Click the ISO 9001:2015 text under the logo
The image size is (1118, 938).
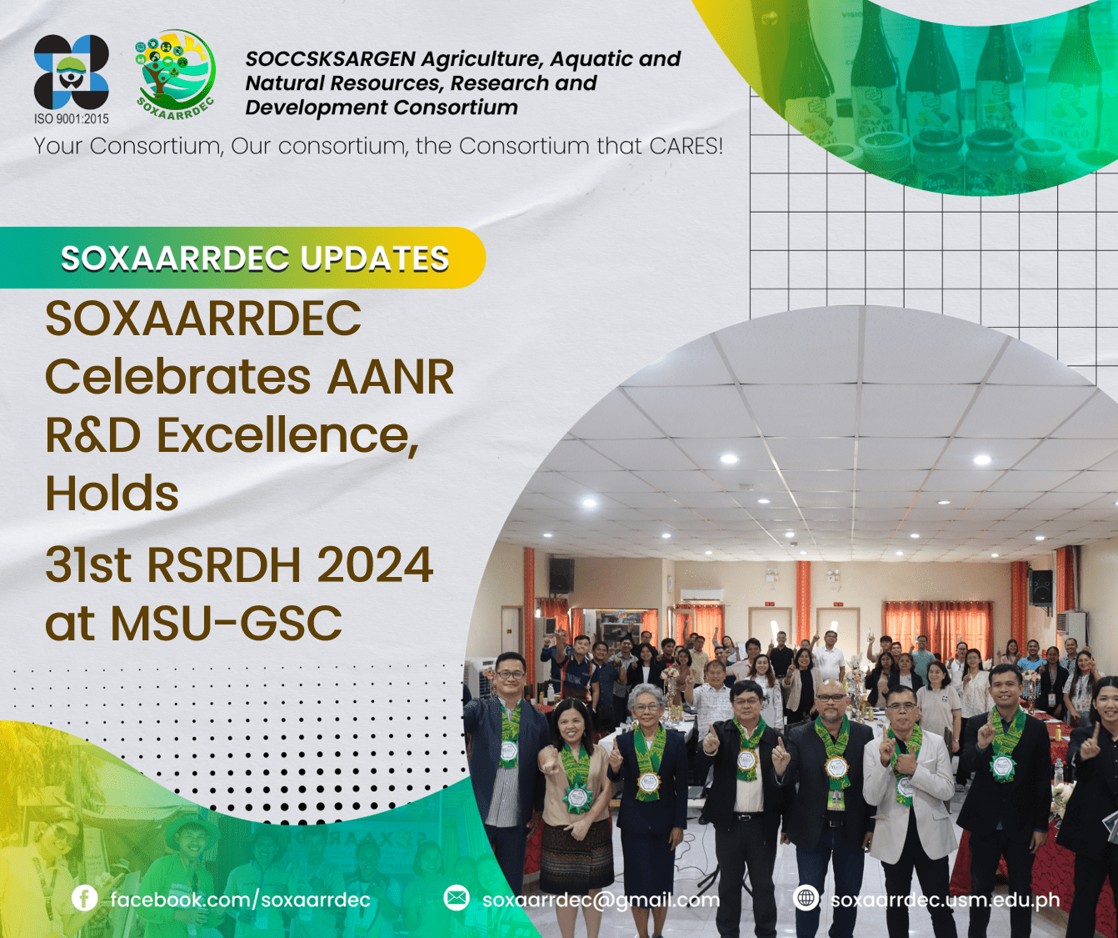tap(71, 118)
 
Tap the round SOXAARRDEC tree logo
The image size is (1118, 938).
tap(176, 74)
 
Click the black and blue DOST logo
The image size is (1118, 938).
tap(71, 72)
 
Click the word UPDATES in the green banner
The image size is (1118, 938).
tap(374, 258)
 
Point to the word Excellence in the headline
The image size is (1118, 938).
tap(288, 435)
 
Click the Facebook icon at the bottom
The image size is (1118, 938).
tap(84, 899)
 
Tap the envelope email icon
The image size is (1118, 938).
tap(457, 898)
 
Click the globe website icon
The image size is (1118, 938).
tap(806, 898)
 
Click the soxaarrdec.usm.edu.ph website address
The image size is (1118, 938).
tap(946, 900)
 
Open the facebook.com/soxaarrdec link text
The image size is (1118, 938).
tap(241, 900)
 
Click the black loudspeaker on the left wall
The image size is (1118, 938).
tap(561, 575)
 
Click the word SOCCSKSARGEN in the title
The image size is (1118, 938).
tap(331, 59)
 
